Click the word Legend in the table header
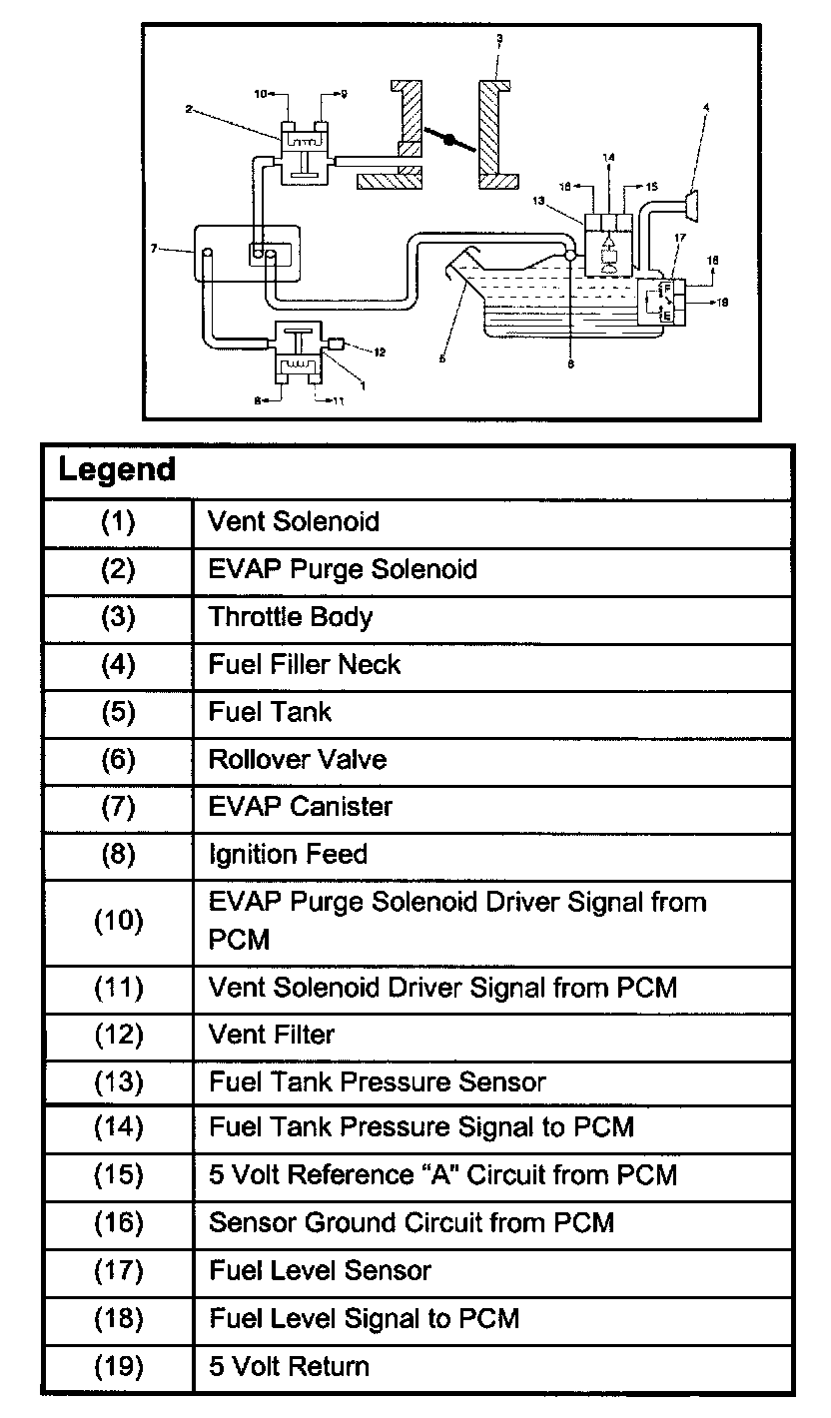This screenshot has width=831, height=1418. click(x=117, y=469)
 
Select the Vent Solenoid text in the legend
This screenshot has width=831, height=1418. click(x=294, y=521)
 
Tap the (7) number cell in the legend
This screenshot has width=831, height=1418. click(x=118, y=806)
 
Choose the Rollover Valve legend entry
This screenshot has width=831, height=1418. click(x=298, y=759)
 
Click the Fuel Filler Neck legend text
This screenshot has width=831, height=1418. click(x=305, y=664)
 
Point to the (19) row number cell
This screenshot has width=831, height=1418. click(x=118, y=1366)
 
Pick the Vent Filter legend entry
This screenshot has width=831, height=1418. click(x=272, y=1035)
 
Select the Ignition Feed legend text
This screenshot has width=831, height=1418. click(x=288, y=854)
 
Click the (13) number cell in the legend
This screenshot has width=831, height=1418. click(x=118, y=1081)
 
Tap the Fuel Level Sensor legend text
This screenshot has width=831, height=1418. click(x=320, y=1270)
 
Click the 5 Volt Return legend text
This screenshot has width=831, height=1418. click(x=289, y=1366)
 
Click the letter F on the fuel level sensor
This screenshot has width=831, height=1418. click(x=666, y=289)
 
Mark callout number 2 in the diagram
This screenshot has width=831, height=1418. click(x=189, y=109)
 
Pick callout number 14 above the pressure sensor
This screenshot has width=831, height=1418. click(x=608, y=157)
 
